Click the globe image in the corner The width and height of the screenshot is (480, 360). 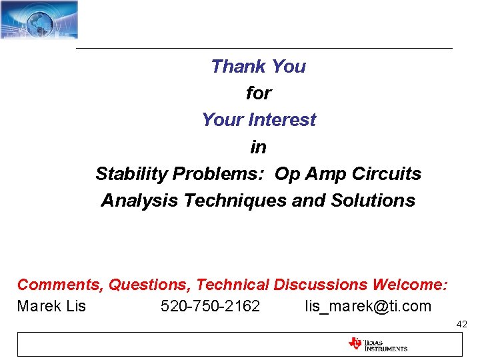point(39,19)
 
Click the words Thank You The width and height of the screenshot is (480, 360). point(258,67)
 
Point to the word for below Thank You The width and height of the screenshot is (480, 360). point(258,93)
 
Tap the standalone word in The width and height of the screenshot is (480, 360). point(258,147)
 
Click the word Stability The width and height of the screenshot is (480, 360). point(131,174)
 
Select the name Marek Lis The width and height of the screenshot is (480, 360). point(51,307)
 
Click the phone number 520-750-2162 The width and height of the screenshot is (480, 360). point(211,307)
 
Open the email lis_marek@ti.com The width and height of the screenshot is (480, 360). point(368,307)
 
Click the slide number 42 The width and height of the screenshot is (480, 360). point(461,324)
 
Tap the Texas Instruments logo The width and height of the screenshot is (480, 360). point(377,345)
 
